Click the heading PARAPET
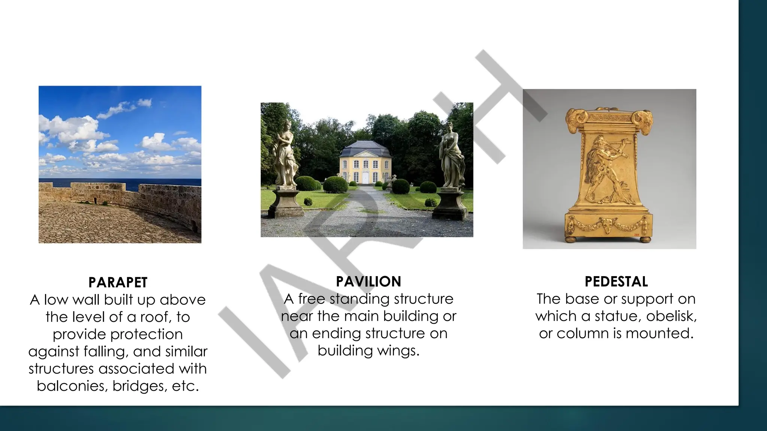point(118,282)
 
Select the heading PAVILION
point(369,281)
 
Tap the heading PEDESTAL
point(616,281)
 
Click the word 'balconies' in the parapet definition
point(71,386)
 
